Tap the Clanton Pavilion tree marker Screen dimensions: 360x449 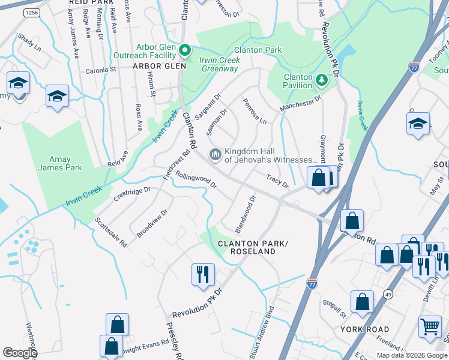tap(322, 79)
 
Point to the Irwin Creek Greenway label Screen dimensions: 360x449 tap(220, 64)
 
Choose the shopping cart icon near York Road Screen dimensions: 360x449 tap(429, 328)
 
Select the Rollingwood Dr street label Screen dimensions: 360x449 tap(196, 180)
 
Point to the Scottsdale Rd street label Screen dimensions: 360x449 tap(110, 233)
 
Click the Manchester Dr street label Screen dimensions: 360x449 tap(300, 102)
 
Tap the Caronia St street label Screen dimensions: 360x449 tap(101, 70)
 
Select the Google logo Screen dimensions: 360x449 tap(20, 353)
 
